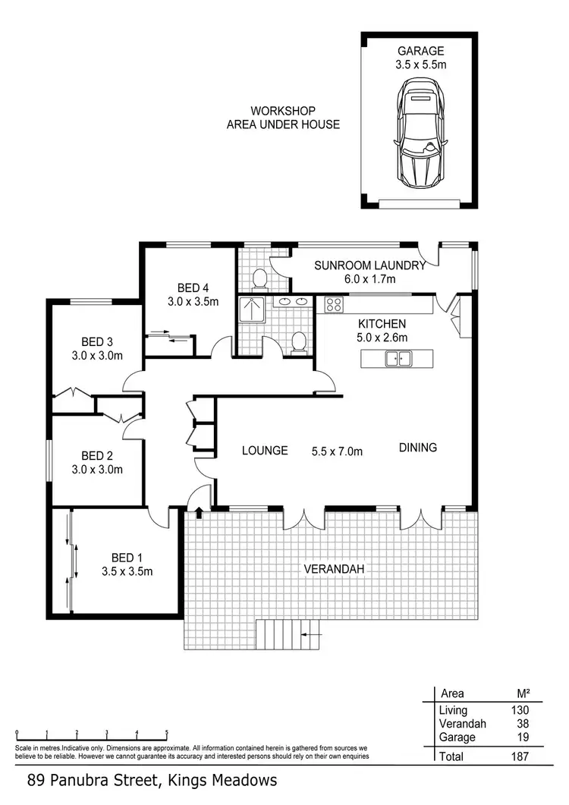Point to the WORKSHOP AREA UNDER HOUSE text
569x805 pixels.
click(283, 118)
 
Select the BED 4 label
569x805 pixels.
click(193, 288)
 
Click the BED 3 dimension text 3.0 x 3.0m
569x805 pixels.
click(97, 355)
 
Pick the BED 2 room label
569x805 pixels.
click(97, 455)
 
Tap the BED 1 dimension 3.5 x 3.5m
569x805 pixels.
click(127, 571)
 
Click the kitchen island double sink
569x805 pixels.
click(398, 358)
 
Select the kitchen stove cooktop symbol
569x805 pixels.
click(334, 305)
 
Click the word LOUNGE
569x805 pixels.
click(265, 450)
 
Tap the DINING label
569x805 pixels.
click(418, 448)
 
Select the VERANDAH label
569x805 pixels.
click(331, 568)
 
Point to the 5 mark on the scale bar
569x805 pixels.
click(166, 733)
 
